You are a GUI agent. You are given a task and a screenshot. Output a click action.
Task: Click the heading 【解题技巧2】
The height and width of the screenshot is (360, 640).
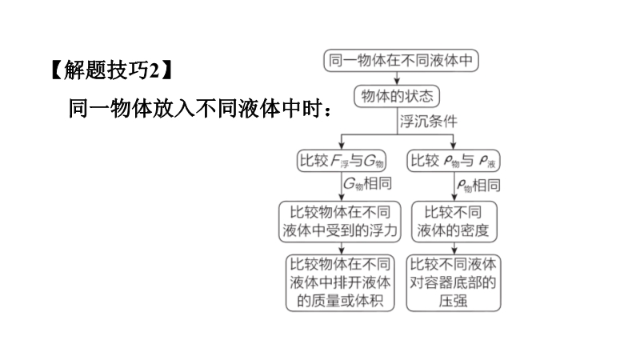pyautogui.click(x=112, y=70)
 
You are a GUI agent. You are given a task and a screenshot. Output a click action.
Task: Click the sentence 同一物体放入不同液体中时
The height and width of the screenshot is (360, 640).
pyautogui.click(x=195, y=109)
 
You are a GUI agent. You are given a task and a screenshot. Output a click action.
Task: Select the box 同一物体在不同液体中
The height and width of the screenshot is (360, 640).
pyautogui.click(x=401, y=61)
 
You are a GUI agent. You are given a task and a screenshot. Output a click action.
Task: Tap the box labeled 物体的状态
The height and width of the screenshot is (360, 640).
pyautogui.click(x=397, y=96)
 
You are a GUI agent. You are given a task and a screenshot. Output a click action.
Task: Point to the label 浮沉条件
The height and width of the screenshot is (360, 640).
pyautogui.click(x=428, y=122)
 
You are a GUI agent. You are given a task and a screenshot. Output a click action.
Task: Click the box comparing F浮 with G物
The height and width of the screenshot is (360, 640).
pyautogui.click(x=342, y=161)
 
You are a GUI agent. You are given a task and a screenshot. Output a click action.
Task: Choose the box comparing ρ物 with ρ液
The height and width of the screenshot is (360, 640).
pyautogui.click(x=454, y=161)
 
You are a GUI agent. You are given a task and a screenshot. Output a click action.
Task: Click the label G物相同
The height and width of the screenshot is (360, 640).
pyautogui.click(x=367, y=184)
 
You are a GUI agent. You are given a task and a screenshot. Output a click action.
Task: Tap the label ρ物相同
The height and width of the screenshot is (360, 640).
pyautogui.click(x=478, y=186)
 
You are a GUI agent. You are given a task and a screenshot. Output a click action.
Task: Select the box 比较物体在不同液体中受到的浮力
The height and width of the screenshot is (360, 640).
pyautogui.click(x=340, y=222)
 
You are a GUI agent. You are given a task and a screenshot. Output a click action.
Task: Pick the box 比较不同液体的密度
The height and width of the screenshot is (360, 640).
pyautogui.click(x=454, y=222)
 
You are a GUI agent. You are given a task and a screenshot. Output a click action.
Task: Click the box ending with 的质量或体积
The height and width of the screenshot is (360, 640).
pyautogui.click(x=340, y=283)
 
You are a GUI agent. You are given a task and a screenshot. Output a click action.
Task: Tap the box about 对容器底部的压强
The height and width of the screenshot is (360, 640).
pyautogui.click(x=454, y=283)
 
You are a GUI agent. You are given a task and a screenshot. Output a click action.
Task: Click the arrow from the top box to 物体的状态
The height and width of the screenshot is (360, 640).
pyautogui.click(x=397, y=78)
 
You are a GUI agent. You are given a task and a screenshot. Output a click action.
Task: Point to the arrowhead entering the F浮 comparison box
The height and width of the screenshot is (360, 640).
pyautogui.click(x=342, y=146)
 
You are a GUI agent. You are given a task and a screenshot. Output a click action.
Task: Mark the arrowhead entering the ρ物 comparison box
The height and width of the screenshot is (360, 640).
pyautogui.click(x=453, y=146)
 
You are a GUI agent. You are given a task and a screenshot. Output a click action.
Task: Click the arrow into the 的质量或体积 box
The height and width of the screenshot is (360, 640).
pyautogui.click(x=342, y=249)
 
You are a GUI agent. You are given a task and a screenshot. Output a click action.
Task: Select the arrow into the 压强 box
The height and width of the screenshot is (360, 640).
pyautogui.click(x=454, y=249)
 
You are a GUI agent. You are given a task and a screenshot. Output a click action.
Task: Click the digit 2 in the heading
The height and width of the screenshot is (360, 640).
pyautogui.click(x=154, y=71)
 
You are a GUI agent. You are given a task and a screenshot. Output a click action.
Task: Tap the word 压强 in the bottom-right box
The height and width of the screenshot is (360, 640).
pyautogui.click(x=453, y=302)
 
